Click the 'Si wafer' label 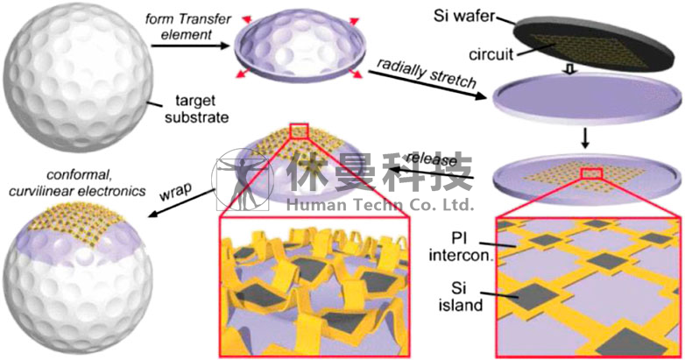point(464,17)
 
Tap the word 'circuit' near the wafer point(491,54)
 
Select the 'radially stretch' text point(427,73)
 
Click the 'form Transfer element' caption point(187,26)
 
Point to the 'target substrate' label point(196,109)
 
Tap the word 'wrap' point(175,191)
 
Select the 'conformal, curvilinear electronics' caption point(77,182)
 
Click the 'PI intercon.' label point(461,246)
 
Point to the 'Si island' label point(461,296)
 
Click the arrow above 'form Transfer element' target point(190,45)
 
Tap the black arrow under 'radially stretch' point(427,85)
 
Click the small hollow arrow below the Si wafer point(569,69)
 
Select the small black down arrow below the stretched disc point(586,138)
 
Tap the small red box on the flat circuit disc point(591,173)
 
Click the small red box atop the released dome point(299,131)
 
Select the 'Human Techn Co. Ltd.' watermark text point(380,204)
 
